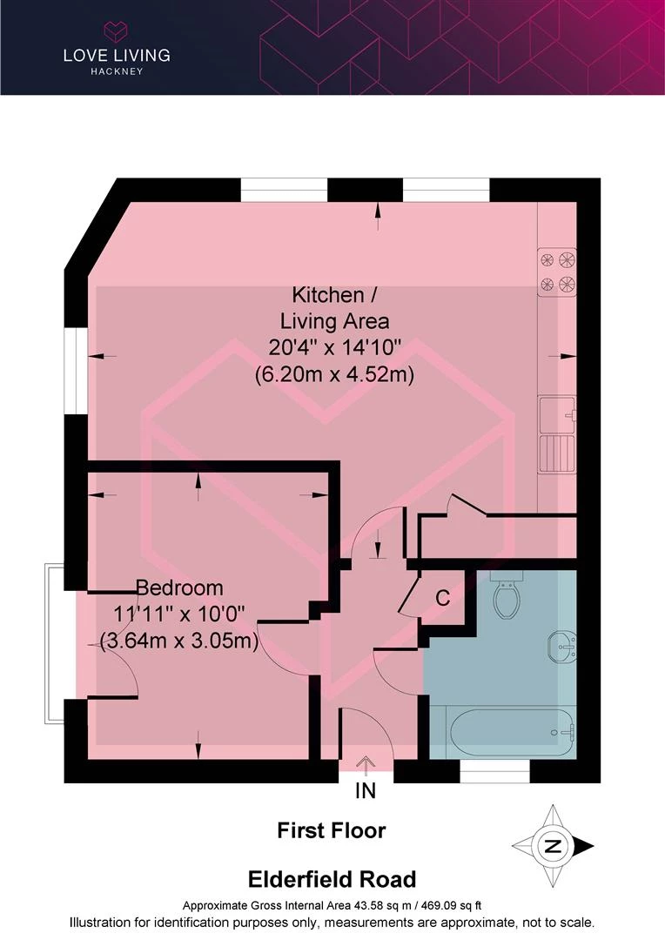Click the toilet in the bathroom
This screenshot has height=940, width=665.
click(x=508, y=594)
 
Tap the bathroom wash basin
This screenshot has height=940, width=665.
click(x=562, y=647)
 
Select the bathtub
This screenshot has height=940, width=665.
click(x=504, y=732)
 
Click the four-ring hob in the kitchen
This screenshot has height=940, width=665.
click(x=557, y=272)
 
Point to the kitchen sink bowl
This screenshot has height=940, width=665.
click(x=557, y=414)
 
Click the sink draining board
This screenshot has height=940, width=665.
click(x=557, y=453)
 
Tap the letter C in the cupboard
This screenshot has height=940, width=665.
click(x=442, y=598)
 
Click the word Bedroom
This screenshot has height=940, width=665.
click(x=179, y=587)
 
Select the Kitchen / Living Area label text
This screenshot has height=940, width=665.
click(x=334, y=308)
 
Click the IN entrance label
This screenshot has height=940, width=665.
click(x=366, y=791)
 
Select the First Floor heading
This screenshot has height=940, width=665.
click(x=332, y=830)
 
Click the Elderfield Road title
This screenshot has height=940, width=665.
click(x=332, y=879)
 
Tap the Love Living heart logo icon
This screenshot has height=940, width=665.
click(x=117, y=31)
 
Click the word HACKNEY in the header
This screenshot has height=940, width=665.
click(x=117, y=71)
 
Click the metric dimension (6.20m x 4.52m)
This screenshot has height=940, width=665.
click(x=334, y=374)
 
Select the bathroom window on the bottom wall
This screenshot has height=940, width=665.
click(x=494, y=771)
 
